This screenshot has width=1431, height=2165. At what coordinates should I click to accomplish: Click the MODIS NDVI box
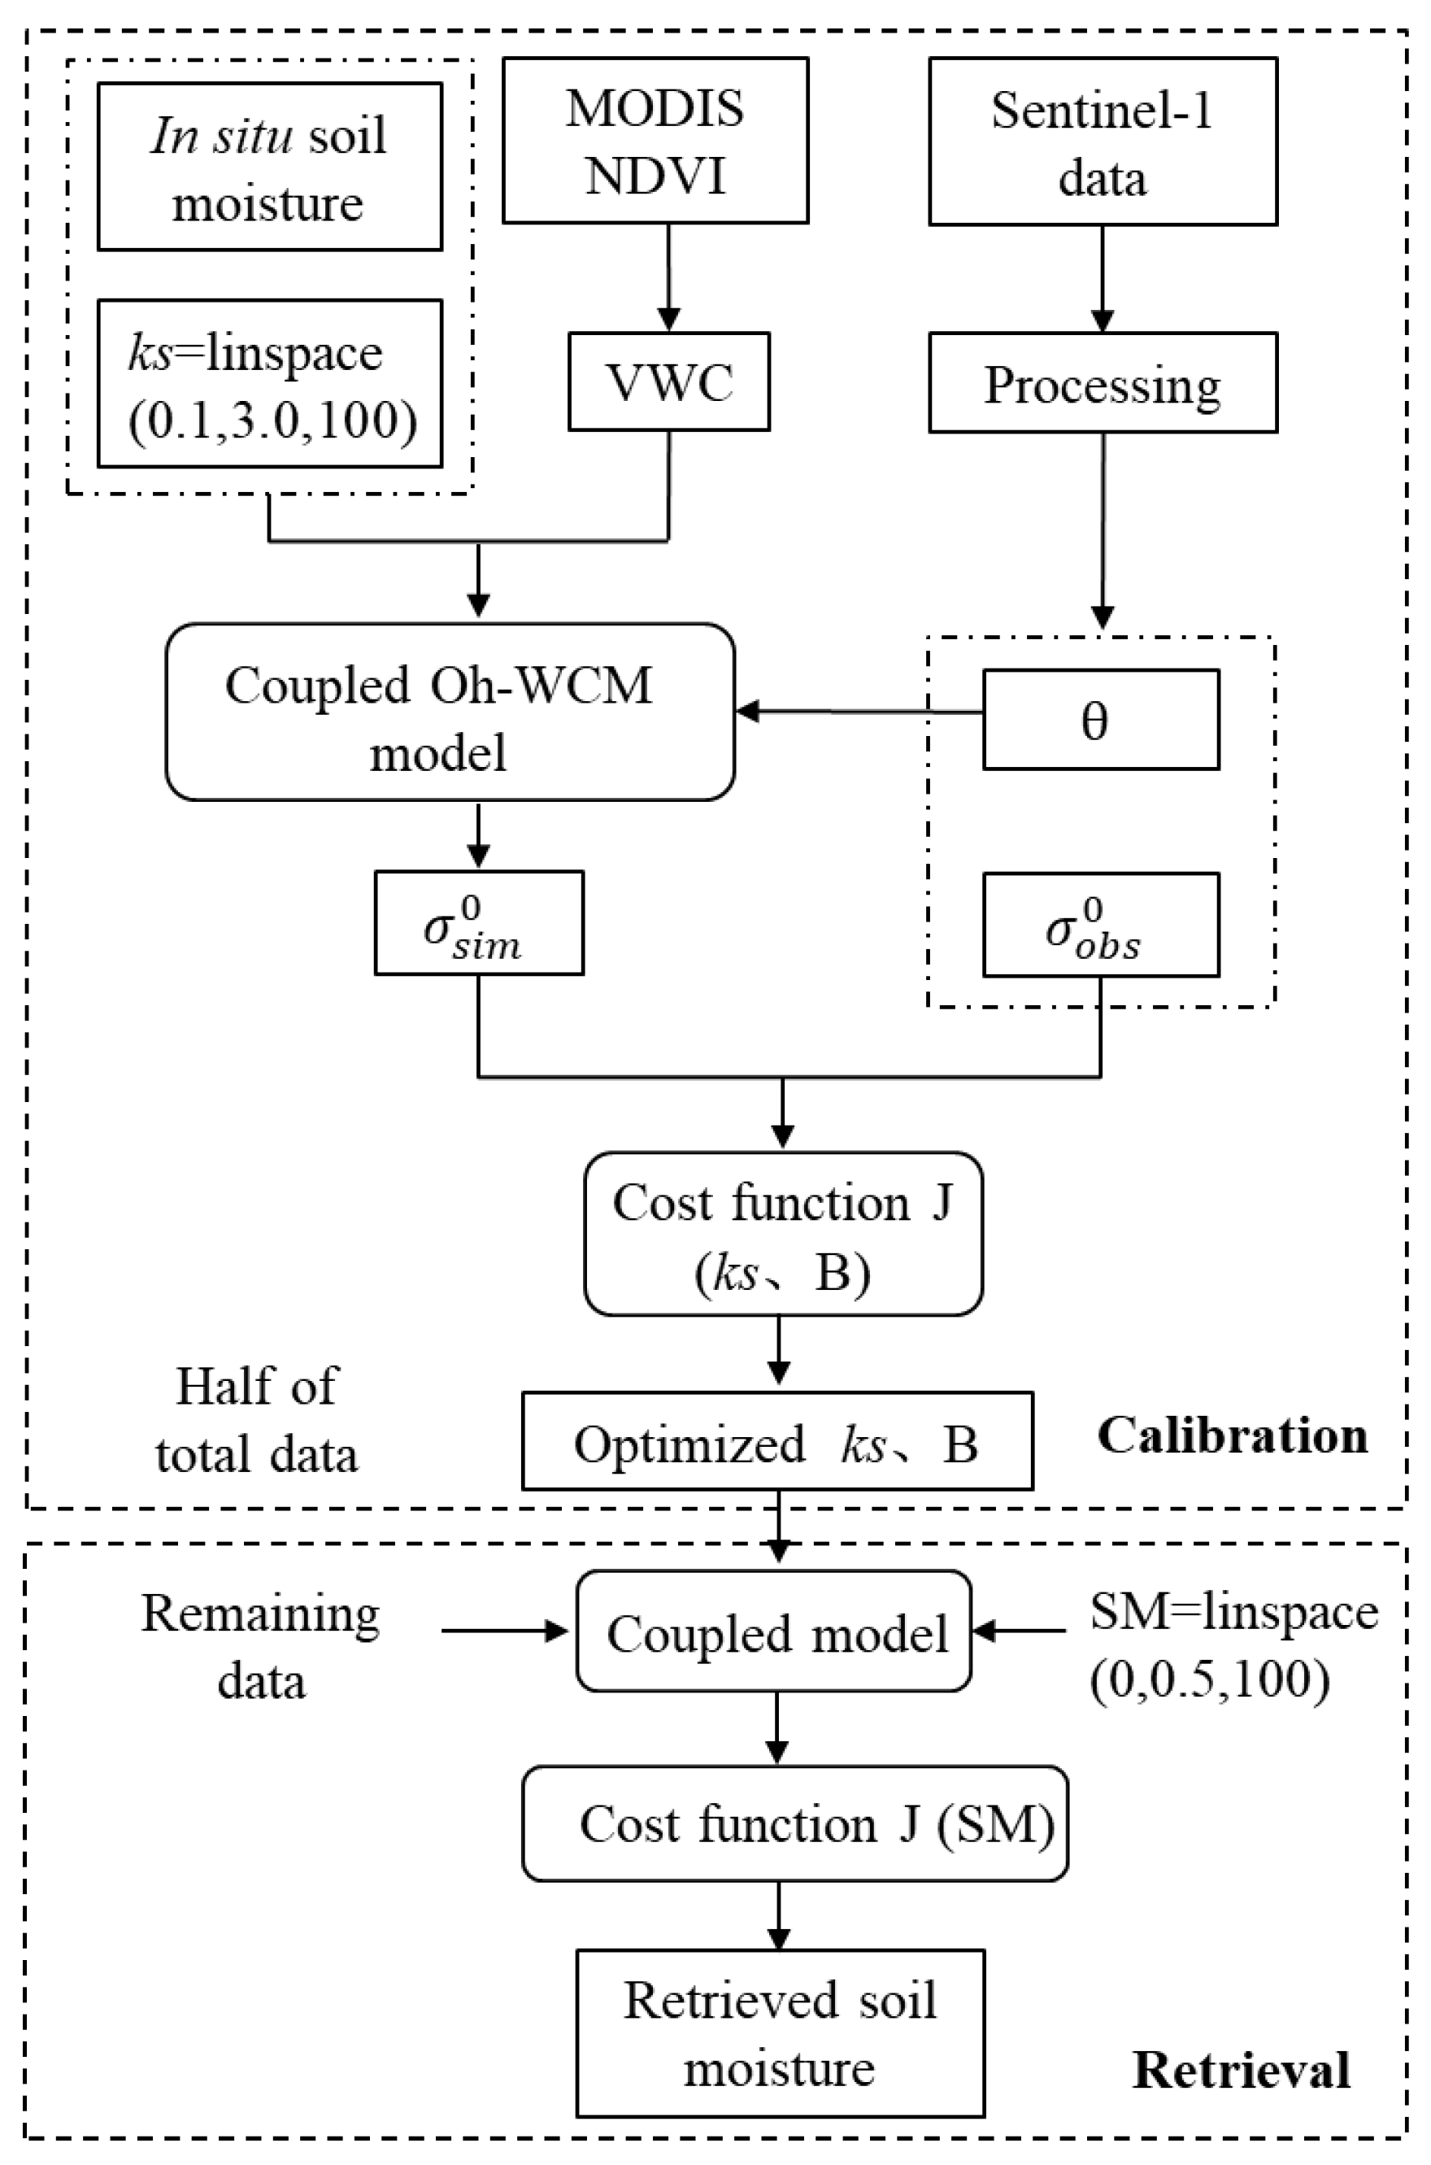[655, 141]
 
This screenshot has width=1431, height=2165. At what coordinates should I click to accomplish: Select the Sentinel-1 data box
[1103, 142]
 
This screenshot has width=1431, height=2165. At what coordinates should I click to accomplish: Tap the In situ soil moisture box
[269, 167]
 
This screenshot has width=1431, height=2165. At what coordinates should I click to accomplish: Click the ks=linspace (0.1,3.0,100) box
[269, 383]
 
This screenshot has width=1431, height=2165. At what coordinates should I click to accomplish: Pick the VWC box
[669, 381]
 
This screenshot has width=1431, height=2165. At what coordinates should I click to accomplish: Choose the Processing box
[1103, 382]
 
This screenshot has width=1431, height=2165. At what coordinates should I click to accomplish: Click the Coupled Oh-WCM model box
[450, 712]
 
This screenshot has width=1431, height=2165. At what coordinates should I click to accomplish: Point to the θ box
[1101, 720]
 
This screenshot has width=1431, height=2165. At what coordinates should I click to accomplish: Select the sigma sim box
[478, 923]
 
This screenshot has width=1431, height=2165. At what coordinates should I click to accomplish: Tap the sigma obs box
[1101, 925]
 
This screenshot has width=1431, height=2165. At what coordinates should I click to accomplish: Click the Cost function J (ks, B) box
[783, 1233]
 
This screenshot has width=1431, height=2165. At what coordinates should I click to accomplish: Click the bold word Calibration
[1232, 1435]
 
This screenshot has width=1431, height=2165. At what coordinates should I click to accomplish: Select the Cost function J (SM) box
[795, 1823]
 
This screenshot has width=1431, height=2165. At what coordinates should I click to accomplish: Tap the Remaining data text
[261, 1647]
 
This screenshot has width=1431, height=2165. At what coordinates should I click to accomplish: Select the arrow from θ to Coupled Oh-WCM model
[858, 711]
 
